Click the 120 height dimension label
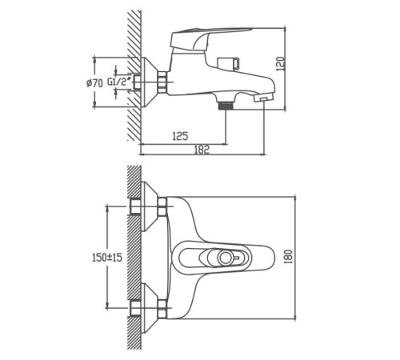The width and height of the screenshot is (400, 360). coord(281,64)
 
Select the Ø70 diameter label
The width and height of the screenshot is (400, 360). coord(94,83)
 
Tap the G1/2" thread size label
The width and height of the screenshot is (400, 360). coord(120,82)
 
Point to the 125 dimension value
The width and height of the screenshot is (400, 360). coord(180,136)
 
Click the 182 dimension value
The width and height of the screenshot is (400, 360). coord(202,150)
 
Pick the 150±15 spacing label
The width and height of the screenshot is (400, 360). coord(107,258)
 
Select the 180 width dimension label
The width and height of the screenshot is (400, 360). coord(289,257)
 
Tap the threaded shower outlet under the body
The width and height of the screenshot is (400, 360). coord(226,106)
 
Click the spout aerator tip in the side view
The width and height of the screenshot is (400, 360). coord(264,98)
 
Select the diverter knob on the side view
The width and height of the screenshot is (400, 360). coord(229,64)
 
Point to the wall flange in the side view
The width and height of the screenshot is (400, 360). coord(150,82)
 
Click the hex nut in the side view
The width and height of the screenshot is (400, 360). coord(162,82)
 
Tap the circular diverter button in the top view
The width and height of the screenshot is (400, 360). coord(225,258)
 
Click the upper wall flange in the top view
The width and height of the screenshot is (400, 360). coord(150,206)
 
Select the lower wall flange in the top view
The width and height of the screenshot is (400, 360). coord(150,308)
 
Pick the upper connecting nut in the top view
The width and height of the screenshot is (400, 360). coord(162,206)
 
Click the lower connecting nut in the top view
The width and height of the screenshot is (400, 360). coord(162,309)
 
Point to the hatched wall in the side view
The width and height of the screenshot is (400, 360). coord(134,75)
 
